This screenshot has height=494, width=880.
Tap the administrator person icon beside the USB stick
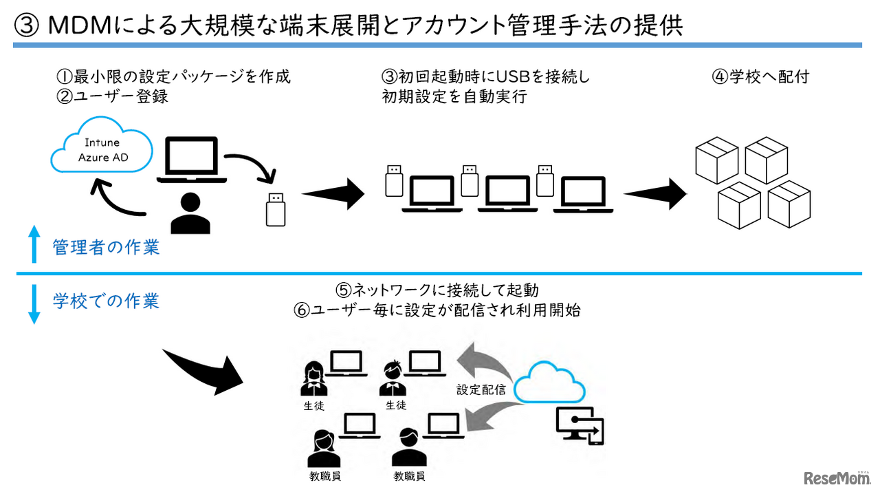click(190, 213)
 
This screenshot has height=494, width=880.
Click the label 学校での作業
click(106, 301)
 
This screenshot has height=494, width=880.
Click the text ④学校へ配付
click(760, 76)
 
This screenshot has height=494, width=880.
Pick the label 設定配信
click(481, 390)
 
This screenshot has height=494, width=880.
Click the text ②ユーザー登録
click(112, 96)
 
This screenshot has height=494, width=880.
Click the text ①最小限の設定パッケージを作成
click(173, 76)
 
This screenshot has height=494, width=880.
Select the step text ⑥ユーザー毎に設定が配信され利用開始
click(437, 310)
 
